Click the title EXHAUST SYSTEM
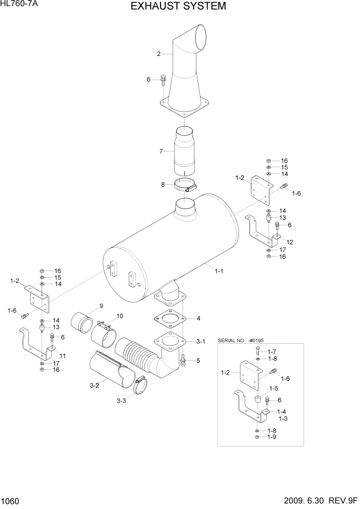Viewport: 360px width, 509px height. tap(178, 7)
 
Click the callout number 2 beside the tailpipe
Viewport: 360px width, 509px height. tap(159, 53)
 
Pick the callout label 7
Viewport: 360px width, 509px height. tap(161, 151)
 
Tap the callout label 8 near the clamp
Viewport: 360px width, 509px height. tap(163, 184)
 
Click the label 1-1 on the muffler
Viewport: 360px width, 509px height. tap(218, 271)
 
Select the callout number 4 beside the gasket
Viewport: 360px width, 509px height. tap(198, 319)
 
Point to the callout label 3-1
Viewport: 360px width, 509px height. tap(201, 341)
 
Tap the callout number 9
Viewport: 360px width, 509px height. tap(101, 306)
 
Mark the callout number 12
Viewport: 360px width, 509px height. tap(290, 242)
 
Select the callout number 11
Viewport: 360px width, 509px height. tap(63, 355)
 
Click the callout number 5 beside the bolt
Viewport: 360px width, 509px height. tap(198, 361)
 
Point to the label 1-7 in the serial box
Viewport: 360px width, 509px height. tap(272, 351)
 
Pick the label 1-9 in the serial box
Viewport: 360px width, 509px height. tap(272, 438)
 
